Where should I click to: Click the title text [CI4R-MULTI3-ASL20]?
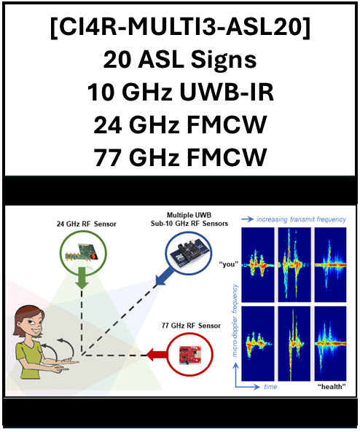coord(181,27)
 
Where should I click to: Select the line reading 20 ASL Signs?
coord(180,60)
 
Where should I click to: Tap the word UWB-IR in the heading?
coord(227,92)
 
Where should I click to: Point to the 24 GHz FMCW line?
coord(180,125)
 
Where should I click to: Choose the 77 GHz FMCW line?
coord(180,157)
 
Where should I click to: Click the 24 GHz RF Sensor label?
coord(86,224)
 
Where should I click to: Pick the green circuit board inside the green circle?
coord(82,252)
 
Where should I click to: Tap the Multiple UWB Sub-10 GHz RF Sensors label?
coord(189,219)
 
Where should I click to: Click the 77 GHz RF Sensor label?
coord(191,326)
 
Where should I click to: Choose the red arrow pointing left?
coord(156,355)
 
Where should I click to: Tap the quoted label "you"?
coord(228,264)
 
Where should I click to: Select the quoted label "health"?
coord(332,387)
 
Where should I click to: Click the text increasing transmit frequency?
coord(301,219)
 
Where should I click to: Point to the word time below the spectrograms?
coord(270,387)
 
